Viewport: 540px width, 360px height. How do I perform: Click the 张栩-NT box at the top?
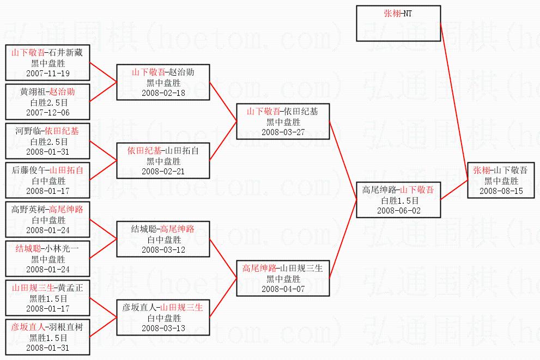[398, 23]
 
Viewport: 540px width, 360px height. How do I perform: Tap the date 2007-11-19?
[48, 73]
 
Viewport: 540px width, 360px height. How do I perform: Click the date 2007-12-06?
[48, 112]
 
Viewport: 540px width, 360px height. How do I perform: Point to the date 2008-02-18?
[163, 93]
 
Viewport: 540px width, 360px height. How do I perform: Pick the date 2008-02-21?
[163, 171]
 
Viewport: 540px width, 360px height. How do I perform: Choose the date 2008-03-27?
[283, 132]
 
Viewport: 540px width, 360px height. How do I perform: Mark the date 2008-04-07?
[283, 289]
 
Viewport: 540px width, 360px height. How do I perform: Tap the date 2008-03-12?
[163, 249]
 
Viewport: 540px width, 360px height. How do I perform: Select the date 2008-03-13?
[163, 328]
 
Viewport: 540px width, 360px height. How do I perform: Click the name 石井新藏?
[66, 53]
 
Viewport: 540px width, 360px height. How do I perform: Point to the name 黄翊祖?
[32, 92]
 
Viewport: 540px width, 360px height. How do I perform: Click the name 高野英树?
[29, 210]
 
